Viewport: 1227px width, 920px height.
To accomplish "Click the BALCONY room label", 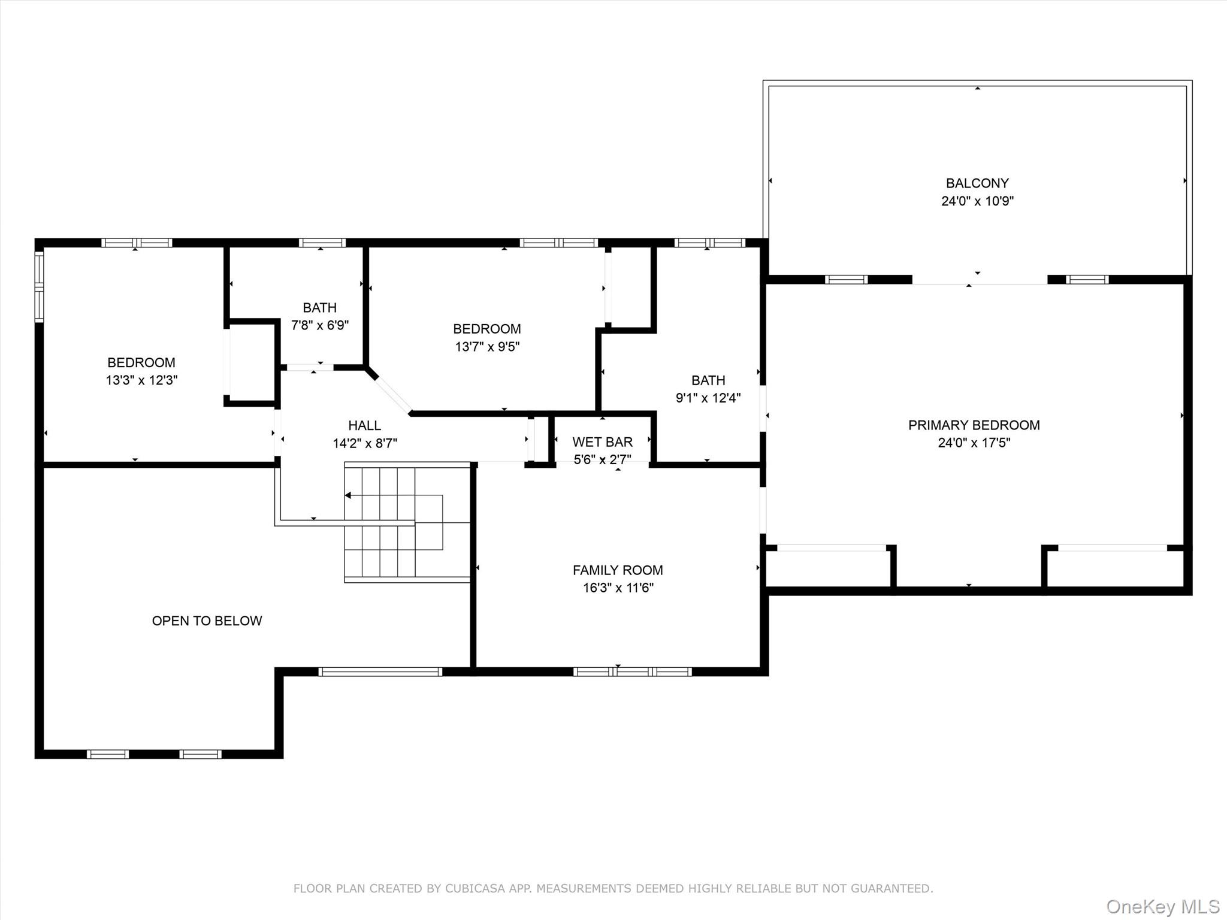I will [x=977, y=183].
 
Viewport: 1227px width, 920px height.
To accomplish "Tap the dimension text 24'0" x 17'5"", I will [x=974, y=443].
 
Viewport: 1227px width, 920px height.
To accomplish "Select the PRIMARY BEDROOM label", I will [x=974, y=425].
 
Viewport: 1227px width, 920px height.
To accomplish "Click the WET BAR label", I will [x=602, y=442].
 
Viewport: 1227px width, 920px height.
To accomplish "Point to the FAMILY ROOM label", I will [x=618, y=570].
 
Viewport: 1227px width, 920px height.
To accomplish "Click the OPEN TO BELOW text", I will [x=207, y=621].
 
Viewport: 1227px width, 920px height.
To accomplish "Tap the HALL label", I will [x=364, y=426].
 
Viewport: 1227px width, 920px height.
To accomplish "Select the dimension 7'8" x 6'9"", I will [x=319, y=326].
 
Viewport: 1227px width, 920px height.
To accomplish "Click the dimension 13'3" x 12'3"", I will [x=141, y=380].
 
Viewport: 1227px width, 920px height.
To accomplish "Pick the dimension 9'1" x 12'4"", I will [x=708, y=398].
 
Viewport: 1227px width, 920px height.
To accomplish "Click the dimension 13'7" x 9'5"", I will [x=487, y=347].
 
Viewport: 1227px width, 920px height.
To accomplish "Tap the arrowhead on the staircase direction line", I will [x=348, y=495].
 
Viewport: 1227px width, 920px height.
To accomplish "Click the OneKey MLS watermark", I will [x=1162, y=906].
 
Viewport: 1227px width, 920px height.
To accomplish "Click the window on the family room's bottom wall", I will [x=633, y=672].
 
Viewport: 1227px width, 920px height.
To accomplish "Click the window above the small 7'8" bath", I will [x=322, y=243].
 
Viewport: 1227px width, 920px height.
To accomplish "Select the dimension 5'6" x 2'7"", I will [x=602, y=460].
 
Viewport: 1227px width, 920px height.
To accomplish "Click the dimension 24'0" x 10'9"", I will [x=977, y=201].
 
